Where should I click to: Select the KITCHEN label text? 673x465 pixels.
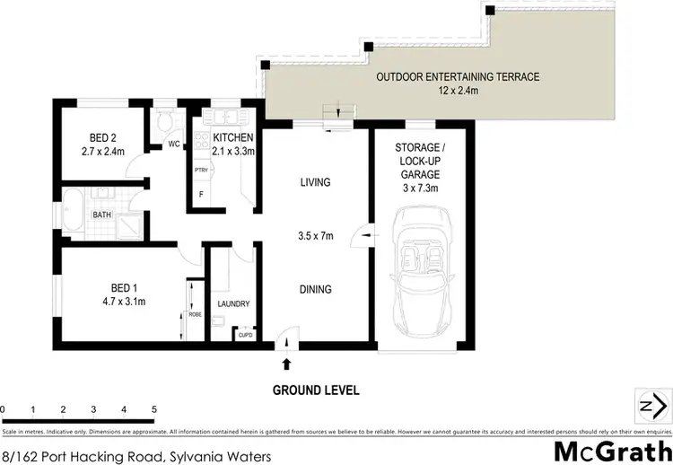point(233,137)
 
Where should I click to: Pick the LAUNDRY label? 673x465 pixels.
point(232,304)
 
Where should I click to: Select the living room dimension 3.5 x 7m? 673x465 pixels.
point(315,237)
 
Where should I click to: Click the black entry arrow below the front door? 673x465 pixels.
point(287,364)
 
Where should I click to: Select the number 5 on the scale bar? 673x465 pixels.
point(154,408)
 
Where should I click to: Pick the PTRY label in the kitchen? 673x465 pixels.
point(201,168)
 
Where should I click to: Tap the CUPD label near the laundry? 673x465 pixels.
point(244,335)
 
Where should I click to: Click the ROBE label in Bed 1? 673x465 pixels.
point(193,315)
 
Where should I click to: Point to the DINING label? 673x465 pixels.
point(315,289)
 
